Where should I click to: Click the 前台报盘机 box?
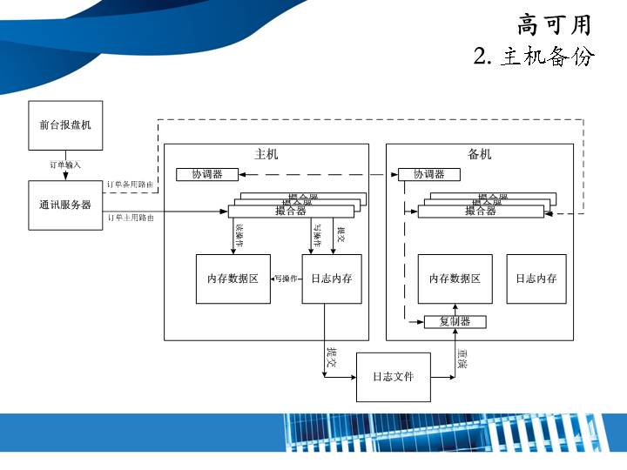(x=65, y=125)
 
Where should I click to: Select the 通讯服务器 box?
(x=65, y=205)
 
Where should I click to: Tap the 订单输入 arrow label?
(x=65, y=164)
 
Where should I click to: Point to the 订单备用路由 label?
(x=131, y=185)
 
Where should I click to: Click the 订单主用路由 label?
(x=131, y=218)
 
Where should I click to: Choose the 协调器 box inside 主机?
(x=207, y=174)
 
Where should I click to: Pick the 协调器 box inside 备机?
(x=428, y=174)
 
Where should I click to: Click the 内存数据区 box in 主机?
(x=233, y=279)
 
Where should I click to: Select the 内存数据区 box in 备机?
(x=455, y=279)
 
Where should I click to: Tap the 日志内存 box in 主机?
(x=331, y=279)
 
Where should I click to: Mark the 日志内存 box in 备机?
(x=536, y=279)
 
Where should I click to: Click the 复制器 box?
(x=455, y=322)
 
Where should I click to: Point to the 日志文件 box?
(x=394, y=377)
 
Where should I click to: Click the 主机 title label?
(x=266, y=154)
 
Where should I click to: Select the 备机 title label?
(x=480, y=154)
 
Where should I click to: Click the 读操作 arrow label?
(x=239, y=234)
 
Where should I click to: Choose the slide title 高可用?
(x=555, y=24)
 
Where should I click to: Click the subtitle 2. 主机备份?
(x=534, y=57)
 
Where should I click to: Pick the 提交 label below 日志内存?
(x=332, y=357)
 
